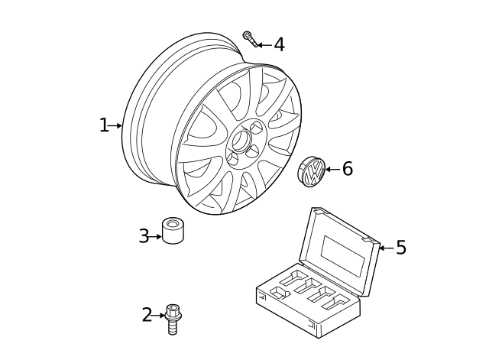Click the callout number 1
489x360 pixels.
tap(104, 125)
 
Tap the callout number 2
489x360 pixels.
tap(147, 314)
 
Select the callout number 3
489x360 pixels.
tap(144, 236)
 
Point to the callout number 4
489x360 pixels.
tap(279, 45)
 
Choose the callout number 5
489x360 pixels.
tap(400, 248)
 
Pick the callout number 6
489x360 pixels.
tap(347, 169)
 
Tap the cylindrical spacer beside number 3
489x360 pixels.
tap(173, 230)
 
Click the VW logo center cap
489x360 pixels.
tap(311, 171)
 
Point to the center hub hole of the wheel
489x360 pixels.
tap(241, 141)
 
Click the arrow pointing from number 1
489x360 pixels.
tap(116, 125)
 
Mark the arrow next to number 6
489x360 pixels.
tap(332, 169)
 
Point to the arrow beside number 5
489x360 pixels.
tap(386, 248)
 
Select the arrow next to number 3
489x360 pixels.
tap(157, 236)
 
